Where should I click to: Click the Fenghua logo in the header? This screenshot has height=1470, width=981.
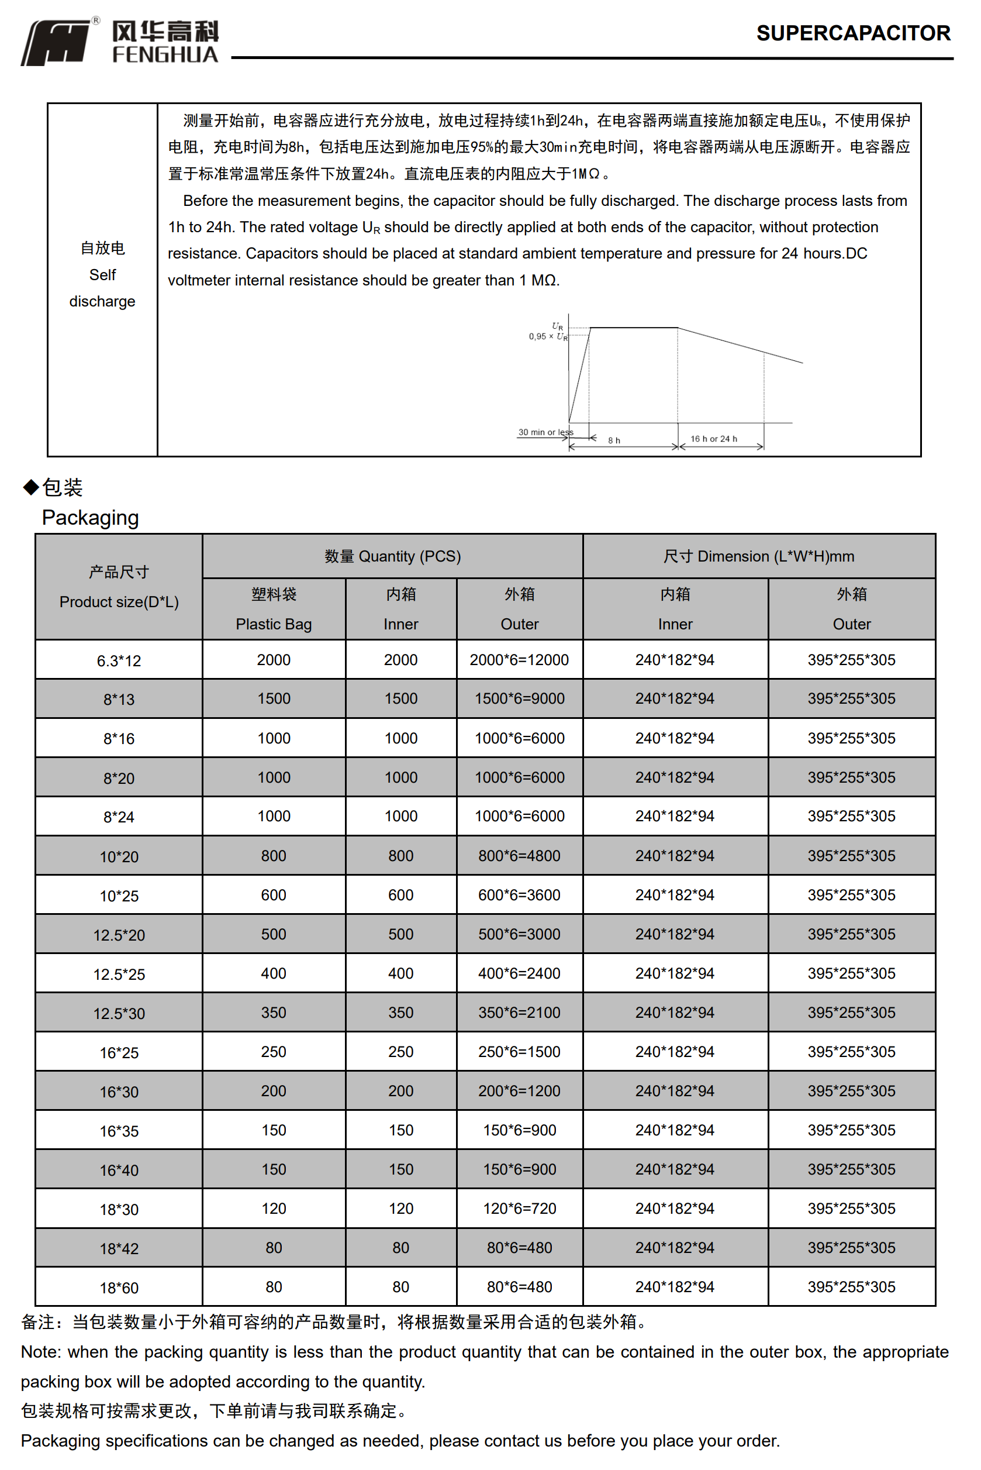(x=119, y=42)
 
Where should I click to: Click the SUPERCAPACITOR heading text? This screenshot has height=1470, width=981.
(x=853, y=33)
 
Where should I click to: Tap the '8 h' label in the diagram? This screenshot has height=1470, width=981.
(x=614, y=440)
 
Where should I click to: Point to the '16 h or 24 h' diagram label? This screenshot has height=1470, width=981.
(x=713, y=439)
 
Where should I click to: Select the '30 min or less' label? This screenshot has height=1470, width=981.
(x=545, y=432)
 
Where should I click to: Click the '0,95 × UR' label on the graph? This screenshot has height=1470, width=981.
(x=547, y=337)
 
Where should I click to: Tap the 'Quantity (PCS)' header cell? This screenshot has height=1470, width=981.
(x=392, y=556)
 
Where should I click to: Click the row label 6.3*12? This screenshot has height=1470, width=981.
(x=119, y=661)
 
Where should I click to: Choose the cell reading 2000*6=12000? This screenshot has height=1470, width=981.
(x=519, y=660)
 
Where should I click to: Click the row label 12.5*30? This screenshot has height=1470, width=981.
(x=119, y=1013)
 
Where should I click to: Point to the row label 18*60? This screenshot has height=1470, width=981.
(x=119, y=1288)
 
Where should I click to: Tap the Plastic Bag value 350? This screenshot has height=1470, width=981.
(x=274, y=1013)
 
